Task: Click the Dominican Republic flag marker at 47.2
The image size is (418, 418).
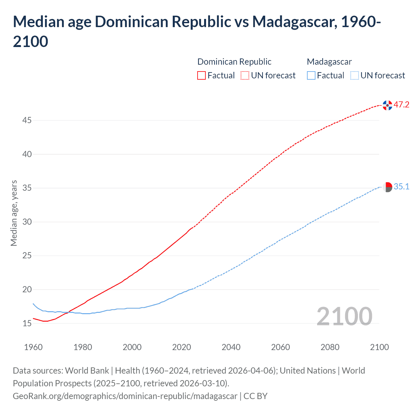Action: (x=387, y=105)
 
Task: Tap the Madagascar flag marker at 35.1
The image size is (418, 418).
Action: (x=387, y=187)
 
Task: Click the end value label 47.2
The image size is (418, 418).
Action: (x=401, y=105)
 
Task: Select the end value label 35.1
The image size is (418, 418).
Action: (x=401, y=187)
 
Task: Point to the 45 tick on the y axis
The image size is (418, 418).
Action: (x=27, y=121)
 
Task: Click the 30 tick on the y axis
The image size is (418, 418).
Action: (x=27, y=222)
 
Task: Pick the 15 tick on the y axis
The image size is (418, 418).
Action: (x=27, y=324)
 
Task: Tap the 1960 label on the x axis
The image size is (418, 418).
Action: (x=33, y=347)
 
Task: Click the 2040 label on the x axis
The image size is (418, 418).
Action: (x=231, y=347)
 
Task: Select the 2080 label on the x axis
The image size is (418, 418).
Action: (x=330, y=347)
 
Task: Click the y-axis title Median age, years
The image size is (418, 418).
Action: (x=14, y=213)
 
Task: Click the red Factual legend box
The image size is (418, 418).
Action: (x=201, y=75)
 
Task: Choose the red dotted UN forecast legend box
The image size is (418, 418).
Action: (x=245, y=75)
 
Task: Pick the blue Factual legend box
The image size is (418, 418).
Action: (x=311, y=75)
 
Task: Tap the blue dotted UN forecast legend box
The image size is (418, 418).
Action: (x=354, y=75)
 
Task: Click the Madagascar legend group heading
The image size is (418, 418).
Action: (x=329, y=62)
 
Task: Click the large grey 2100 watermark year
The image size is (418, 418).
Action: (x=344, y=316)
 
